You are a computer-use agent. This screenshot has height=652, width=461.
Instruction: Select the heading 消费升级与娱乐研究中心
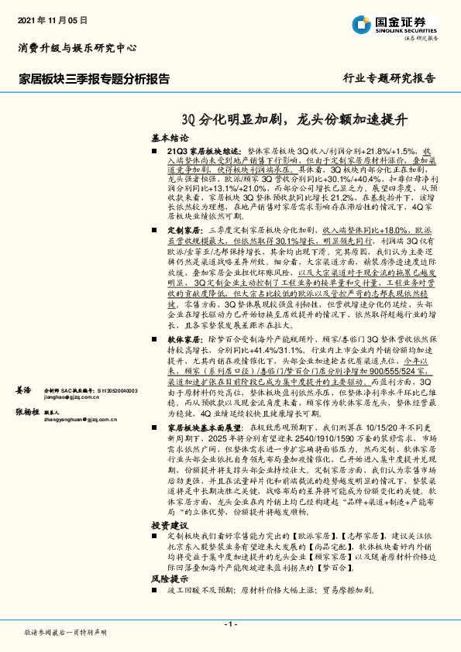77,48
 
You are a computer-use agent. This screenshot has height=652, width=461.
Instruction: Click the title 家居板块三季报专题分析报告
94,78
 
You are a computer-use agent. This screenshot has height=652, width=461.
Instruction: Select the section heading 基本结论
170,137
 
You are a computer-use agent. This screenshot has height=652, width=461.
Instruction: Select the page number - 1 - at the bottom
230,623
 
